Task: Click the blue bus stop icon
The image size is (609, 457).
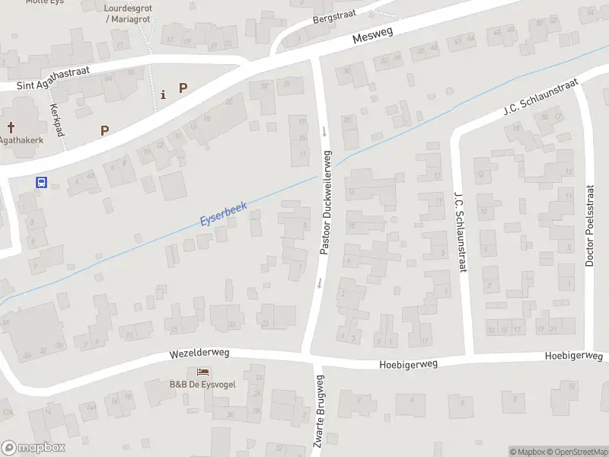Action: click(x=42, y=182)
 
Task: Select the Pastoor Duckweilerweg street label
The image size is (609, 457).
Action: click(x=326, y=202)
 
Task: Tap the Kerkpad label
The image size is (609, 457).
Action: click(x=57, y=121)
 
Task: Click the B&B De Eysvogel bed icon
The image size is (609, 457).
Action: click(x=202, y=372)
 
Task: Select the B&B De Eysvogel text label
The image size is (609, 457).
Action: click(x=202, y=385)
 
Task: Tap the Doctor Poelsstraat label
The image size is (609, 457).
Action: click(x=589, y=225)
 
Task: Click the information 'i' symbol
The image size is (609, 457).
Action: click(x=163, y=94)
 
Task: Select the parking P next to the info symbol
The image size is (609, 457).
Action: click(x=183, y=88)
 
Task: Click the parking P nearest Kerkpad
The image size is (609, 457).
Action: click(x=104, y=130)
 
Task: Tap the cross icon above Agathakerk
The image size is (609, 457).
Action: click(x=11, y=127)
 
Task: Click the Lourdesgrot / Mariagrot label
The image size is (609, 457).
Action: click(x=126, y=13)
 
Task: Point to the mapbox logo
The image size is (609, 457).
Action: click(x=33, y=448)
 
